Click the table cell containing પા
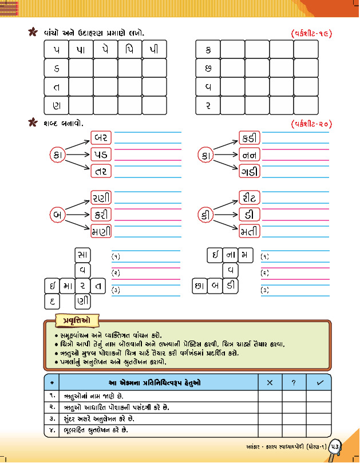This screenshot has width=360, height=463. (80, 50)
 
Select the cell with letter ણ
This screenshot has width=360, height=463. (56, 105)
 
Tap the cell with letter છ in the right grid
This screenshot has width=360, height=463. (207, 69)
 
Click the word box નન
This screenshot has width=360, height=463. (250, 155)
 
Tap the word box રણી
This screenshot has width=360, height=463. (101, 198)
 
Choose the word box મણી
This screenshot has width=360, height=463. (101, 231)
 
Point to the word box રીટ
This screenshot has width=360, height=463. (250, 198)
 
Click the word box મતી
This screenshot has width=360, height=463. (250, 231)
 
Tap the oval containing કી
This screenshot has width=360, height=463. (205, 215)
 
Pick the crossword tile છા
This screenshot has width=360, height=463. (200, 285)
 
